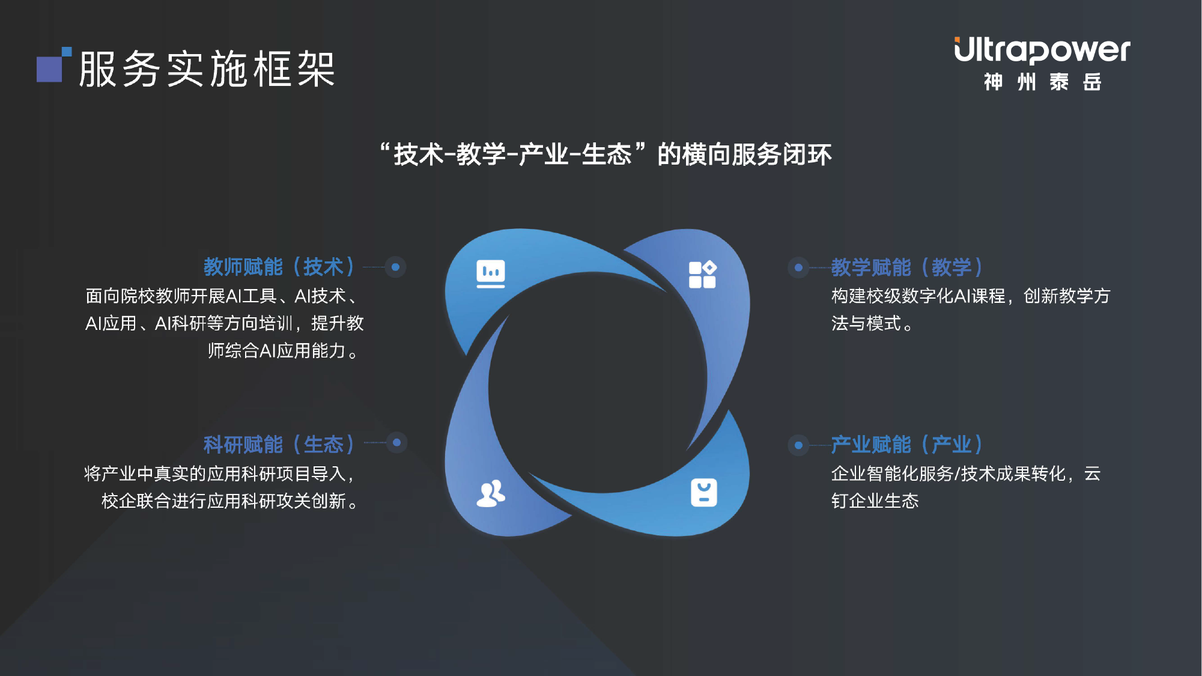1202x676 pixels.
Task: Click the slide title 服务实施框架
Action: (207, 69)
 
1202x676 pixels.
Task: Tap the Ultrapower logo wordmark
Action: (1042, 50)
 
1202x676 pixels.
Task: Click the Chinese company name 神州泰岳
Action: (1042, 82)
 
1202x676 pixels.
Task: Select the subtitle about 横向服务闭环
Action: (606, 154)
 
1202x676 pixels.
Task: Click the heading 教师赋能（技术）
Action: (279, 267)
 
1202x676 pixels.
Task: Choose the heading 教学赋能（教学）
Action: (907, 267)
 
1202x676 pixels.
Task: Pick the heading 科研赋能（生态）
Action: (279, 445)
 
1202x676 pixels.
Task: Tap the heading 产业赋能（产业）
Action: (907, 445)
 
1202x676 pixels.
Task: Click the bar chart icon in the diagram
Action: (491, 274)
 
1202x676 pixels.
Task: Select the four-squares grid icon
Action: (703, 275)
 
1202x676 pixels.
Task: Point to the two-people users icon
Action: (491, 493)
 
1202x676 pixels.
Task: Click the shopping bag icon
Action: (704, 493)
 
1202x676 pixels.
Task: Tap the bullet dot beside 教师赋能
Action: (395, 267)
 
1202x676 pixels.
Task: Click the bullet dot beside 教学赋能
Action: (798, 267)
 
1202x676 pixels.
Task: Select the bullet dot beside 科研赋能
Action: (396, 443)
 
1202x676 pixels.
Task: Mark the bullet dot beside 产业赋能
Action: (798, 445)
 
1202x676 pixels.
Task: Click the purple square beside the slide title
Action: (50, 69)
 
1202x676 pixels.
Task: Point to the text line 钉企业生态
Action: (875, 501)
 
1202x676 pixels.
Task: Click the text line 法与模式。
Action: (872, 323)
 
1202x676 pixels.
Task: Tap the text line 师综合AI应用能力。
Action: (283, 350)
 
